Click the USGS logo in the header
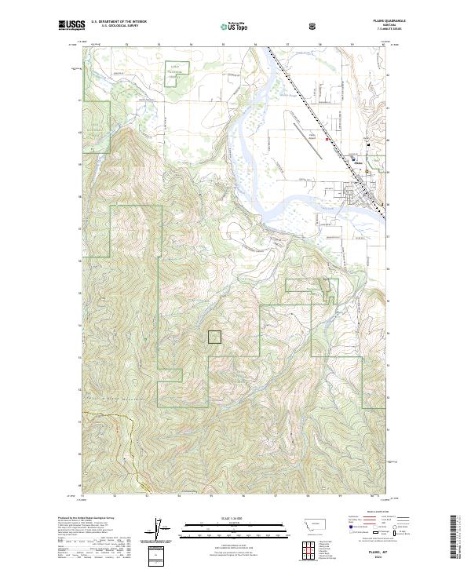(x=71, y=27)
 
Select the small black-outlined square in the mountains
(x=214, y=337)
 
